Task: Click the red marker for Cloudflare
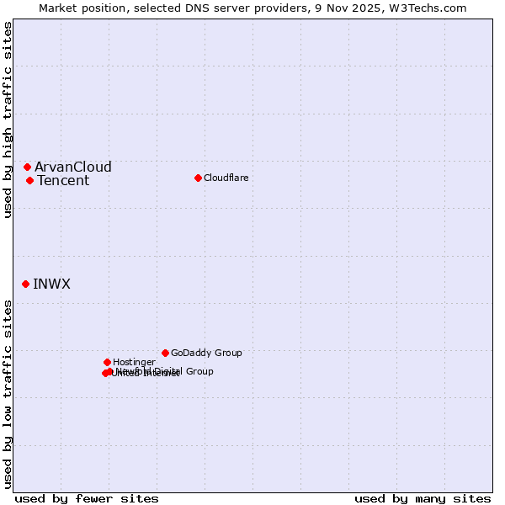point(198,178)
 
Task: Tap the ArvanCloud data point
point(27,167)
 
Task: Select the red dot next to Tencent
point(29,180)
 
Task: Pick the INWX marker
point(25,284)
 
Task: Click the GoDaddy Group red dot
point(165,353)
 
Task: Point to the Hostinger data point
point(107,362)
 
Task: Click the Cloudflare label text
point(226,178)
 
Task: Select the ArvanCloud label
point(72,167)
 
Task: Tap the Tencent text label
point(63,180)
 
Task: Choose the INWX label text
point(51,284)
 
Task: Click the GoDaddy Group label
point(206,353)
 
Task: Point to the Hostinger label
point(134,362)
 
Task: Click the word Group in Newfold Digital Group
point(199,371)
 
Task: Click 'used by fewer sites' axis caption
point(87,498)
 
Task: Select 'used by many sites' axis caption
point(423,498)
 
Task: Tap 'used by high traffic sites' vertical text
point(8,120)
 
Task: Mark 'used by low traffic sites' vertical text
point(8,394)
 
